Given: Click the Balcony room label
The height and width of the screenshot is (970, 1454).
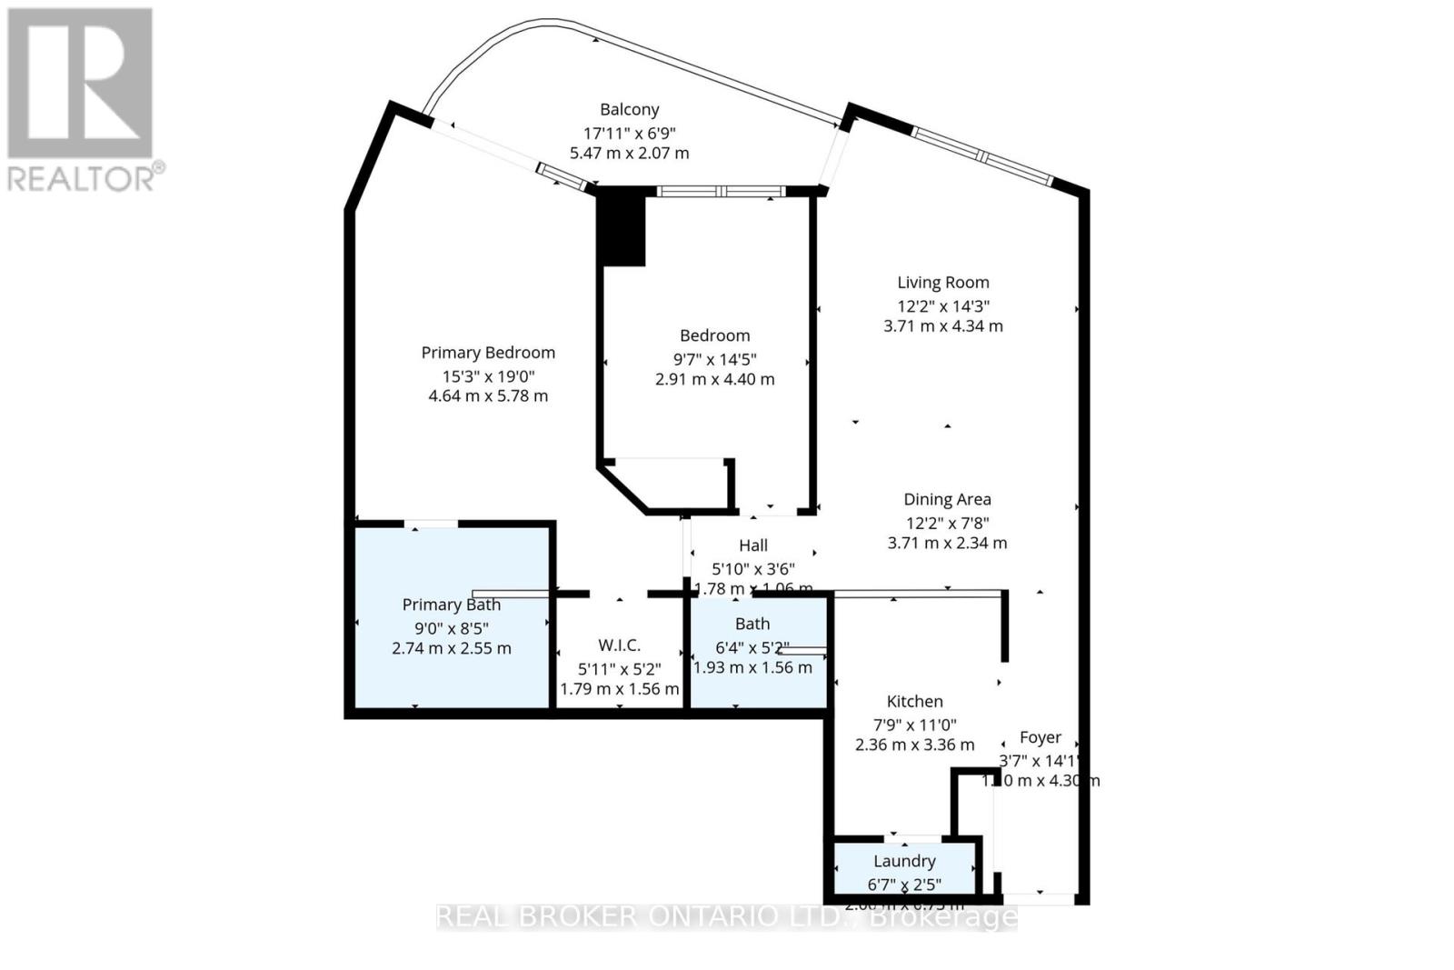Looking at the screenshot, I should coord(629,110).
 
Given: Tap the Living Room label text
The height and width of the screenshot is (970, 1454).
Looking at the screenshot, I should coord(943,283).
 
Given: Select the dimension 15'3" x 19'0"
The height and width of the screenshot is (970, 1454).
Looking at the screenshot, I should coord(488,376).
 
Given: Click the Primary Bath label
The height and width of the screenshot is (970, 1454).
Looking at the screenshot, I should coord(452,605).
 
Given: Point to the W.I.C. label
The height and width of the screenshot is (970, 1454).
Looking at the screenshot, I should coord(619,645).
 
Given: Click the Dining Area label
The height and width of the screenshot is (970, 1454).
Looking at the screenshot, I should coord(947,499).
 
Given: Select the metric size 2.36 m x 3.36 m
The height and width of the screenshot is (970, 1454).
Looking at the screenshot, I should coord(914,745).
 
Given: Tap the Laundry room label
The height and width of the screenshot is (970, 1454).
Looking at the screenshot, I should coord(904,861).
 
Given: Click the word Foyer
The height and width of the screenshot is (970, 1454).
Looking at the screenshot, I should coord(1041,737).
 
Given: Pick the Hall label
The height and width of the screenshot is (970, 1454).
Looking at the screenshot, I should coord(753,545).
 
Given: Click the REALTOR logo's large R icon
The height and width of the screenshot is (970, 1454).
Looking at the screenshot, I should coord(80,84).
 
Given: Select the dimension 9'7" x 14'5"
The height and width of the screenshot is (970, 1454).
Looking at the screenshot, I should coord(714,360).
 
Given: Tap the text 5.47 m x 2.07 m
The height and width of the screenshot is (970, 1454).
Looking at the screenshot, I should coord(629,153).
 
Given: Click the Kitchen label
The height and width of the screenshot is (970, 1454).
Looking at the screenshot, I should coord(914,701).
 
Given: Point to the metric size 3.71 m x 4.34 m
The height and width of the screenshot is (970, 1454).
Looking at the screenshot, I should coord(943,325).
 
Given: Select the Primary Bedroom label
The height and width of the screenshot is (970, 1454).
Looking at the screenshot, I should coord(488,353).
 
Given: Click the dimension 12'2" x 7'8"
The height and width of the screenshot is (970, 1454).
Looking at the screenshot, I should coord(947,523).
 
